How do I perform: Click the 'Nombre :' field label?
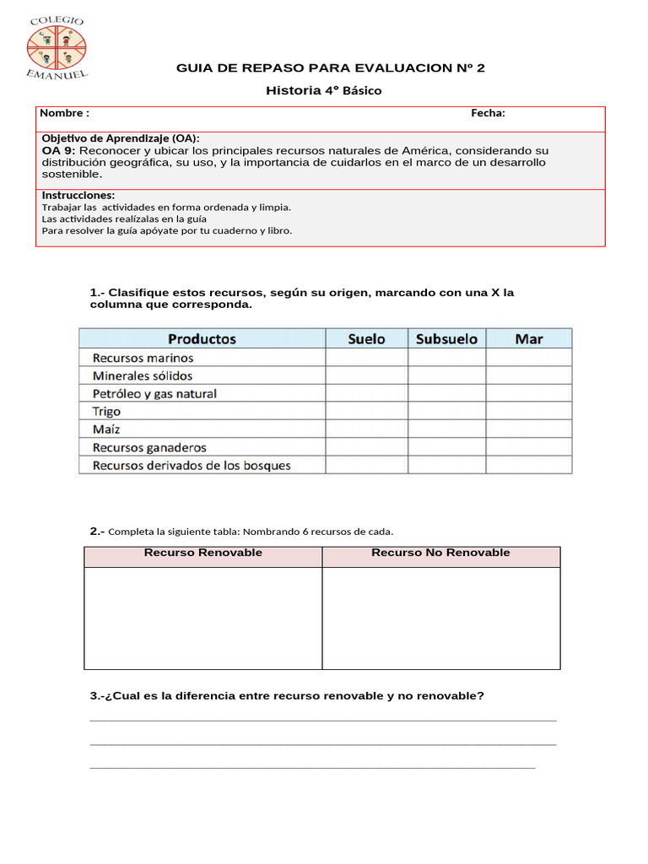pyautogui.click(x=65, y=113)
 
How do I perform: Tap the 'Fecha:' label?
pyautogui.click(x=488, y=113)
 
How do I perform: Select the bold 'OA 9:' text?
pyautogui.click(x=58, y=150)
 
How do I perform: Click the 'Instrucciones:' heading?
pyautogui.click(x=78, y=195)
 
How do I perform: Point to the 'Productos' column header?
pyautogui.click(x=202, y=338)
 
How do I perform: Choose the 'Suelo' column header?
pyautogui.click(x=366, y=338)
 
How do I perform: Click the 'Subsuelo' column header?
pyautogui.click(x=446, y=338)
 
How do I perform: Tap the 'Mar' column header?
pyautogui.click(x=528, y=338)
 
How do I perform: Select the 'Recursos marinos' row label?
pyautogui.click(x=143, y=358)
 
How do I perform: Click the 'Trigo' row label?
pyautogui.click(x=106, y=412)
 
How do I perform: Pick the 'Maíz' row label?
pyautogui.click(x=106, y=429)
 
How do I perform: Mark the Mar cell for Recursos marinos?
pyautogui.click(x=528, y=358)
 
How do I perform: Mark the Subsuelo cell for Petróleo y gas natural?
pyautogui.click(x=446, y=393)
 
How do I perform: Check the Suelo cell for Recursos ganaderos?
pyautogui.click(x=366, y=447)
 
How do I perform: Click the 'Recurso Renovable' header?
pyautogui.click(x=202, y=553)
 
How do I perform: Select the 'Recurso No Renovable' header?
pyautogui.click(x=440, y=553)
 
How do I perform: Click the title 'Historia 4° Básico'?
pyautogui.click(x=324, y=90)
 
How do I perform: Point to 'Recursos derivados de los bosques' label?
pyautogui.click(x=192, y=465)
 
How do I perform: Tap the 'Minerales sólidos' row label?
pyautogui.click(x=143, y=375)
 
